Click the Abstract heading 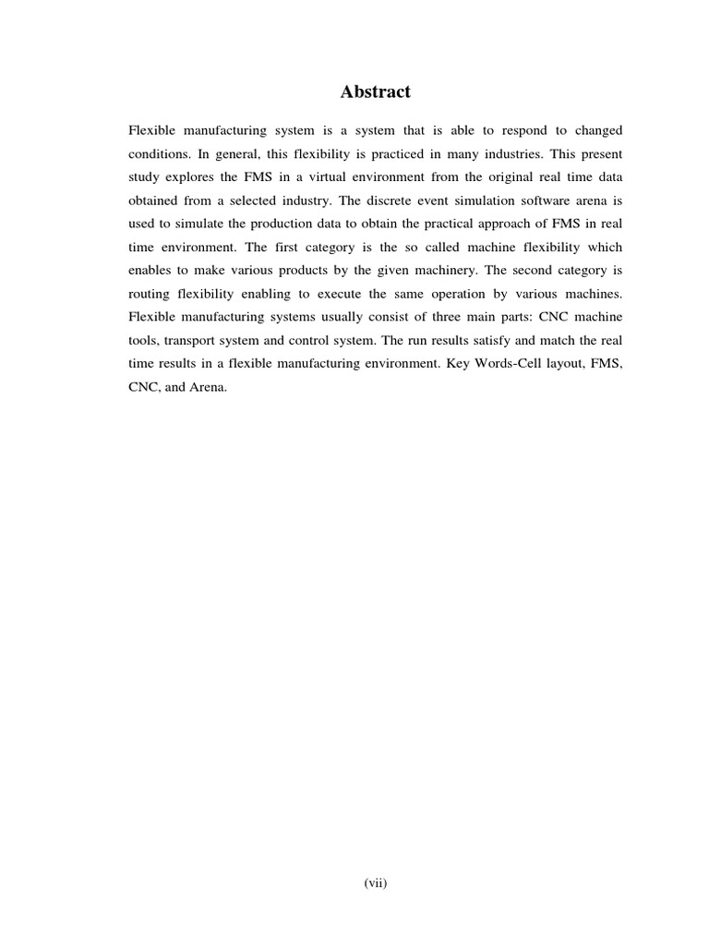click(x=376, y=91)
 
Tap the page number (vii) click(x=375, y=883)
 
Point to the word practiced click(x=399, y=152)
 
